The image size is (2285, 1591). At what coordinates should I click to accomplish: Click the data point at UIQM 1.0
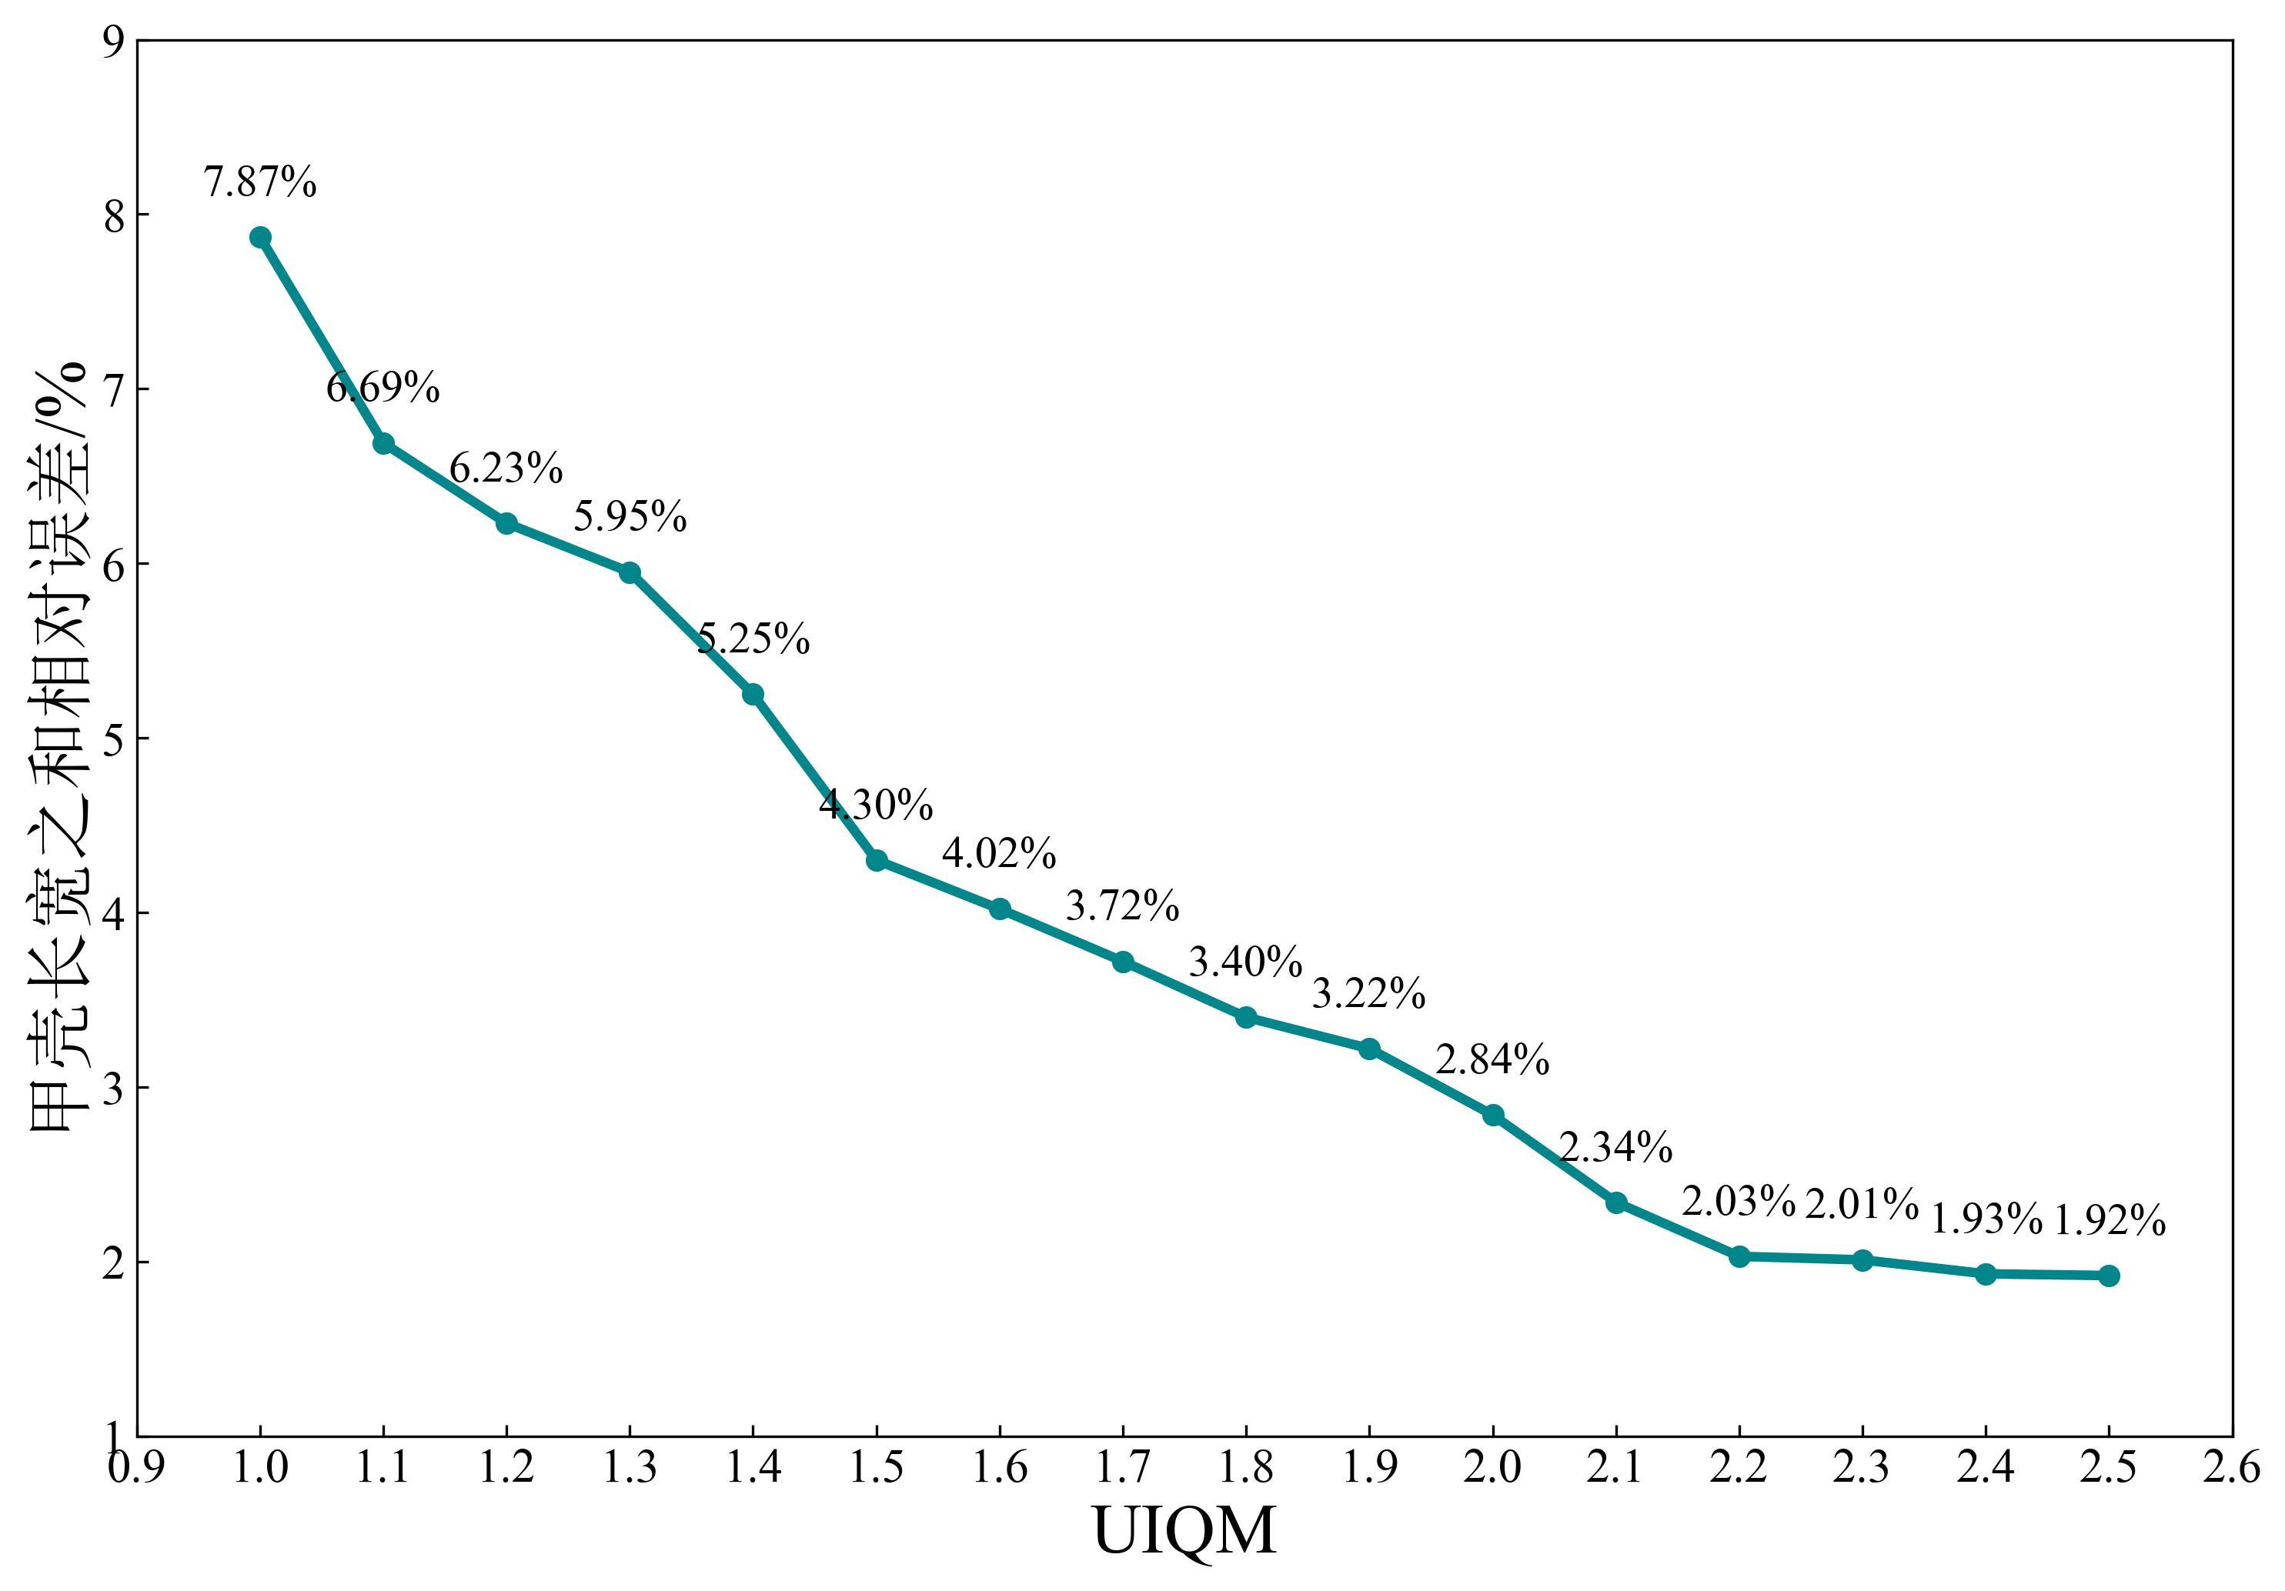(261, 237)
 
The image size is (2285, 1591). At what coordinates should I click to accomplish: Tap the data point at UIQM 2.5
(2109, 1276)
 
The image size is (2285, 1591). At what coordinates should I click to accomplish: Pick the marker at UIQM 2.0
(1493, 1116)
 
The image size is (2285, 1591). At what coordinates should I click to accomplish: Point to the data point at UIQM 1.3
(630, 572)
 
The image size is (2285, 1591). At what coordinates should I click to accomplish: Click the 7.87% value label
(261, 182)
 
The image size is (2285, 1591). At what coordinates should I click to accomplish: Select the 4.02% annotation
(999, 854)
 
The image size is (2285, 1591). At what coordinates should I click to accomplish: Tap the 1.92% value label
(2110, 1221)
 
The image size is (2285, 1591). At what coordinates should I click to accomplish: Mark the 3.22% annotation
(1369, 994)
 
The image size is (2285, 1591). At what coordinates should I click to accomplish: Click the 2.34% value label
(1615, 1148)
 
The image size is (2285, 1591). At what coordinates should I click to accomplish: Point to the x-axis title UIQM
(1184, 1531)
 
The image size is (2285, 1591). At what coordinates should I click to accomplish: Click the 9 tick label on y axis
(113, 42)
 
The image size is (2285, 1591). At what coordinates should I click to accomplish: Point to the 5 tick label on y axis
(113, 739)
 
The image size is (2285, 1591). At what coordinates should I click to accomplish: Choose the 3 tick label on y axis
(113, 1088)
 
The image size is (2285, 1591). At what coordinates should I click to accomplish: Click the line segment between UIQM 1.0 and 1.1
(322, 340)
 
